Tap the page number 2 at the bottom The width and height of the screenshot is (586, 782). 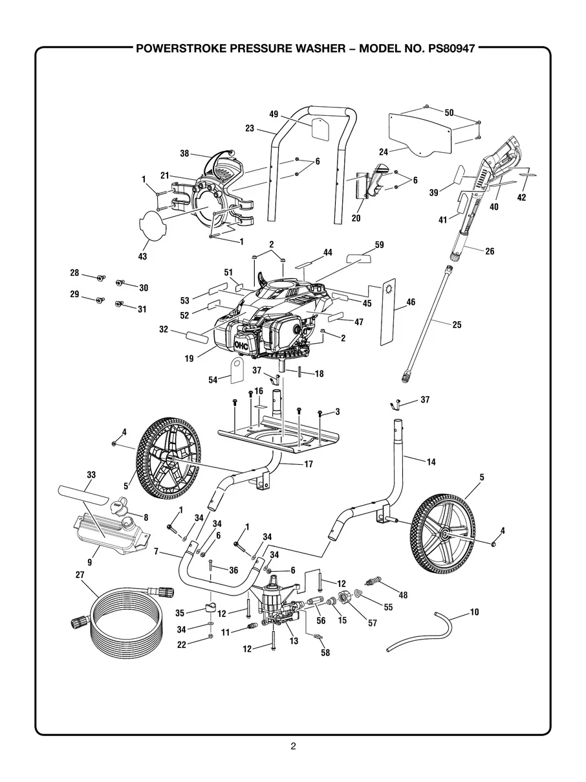293,746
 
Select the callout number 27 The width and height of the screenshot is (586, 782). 80,574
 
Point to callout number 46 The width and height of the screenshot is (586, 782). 411,302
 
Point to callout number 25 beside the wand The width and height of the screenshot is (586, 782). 457,324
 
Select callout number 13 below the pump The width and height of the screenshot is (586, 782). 294,641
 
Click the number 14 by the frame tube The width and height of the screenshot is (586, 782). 431,462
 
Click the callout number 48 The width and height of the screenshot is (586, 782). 404,595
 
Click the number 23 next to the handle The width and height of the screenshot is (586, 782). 250,128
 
